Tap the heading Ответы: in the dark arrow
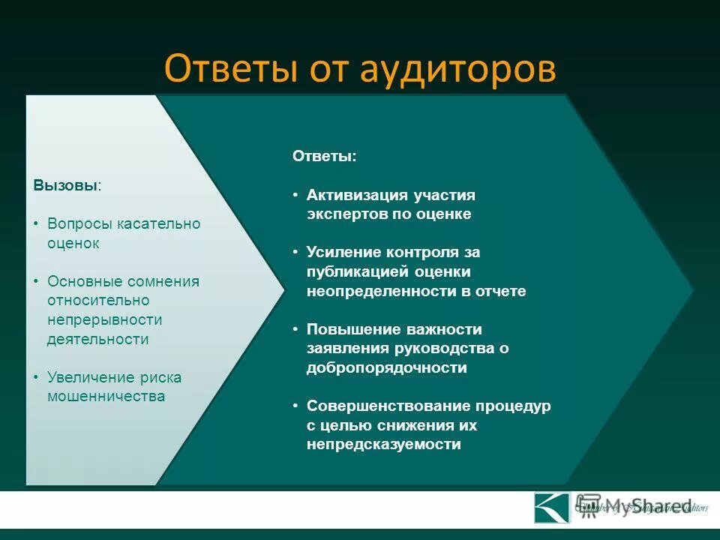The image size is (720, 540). tap(324, 156)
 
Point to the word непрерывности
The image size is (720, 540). tap(104, 319)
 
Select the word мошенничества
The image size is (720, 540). tap(106, 396)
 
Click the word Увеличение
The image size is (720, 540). tap(91, 377)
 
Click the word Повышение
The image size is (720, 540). tap(352, 329)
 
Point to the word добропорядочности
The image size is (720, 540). tap(386, 367)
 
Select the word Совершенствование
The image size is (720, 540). tap(387, 406)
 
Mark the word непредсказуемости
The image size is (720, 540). tap(383, 444)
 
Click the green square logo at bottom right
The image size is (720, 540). tap(552, 507)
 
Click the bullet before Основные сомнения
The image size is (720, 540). tap(37, 281)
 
